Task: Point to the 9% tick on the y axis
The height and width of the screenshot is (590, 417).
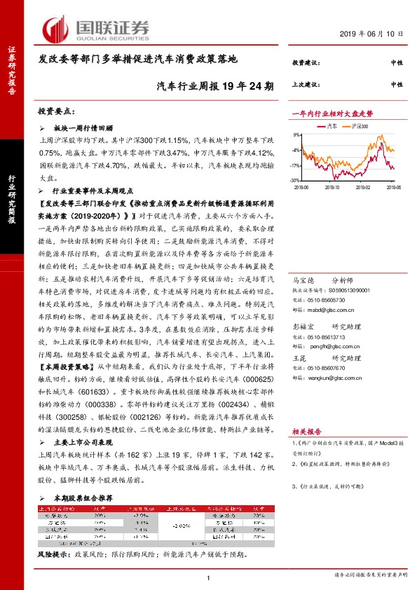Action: [298, 134]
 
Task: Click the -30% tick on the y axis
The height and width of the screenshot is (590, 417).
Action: [297, 180]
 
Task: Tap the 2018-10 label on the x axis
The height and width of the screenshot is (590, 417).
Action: [332, 187]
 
